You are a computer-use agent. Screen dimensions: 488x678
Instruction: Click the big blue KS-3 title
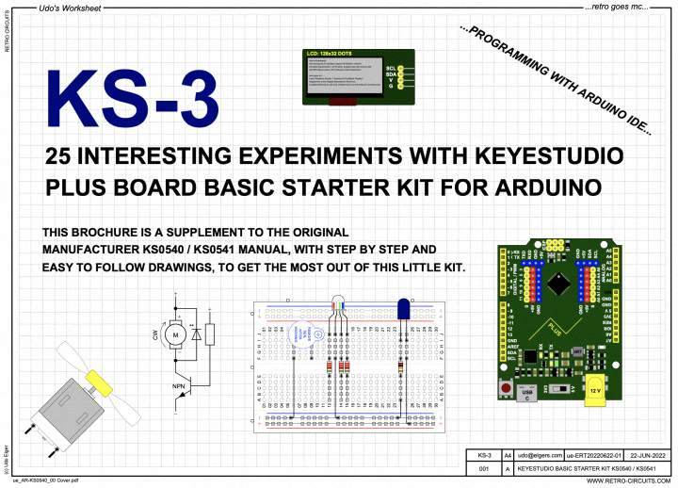(132, 100)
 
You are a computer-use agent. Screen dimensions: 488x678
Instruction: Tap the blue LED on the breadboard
(403, 308)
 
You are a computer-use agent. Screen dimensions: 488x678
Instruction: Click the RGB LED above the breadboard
(336, 302)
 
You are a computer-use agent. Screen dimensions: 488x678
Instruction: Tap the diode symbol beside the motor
(195, 333)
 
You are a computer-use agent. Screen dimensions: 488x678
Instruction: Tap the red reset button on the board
(506, 388)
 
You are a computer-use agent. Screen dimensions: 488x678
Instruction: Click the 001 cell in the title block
(484, 467)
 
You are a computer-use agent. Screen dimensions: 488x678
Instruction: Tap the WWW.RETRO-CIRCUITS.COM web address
(625, 480)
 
